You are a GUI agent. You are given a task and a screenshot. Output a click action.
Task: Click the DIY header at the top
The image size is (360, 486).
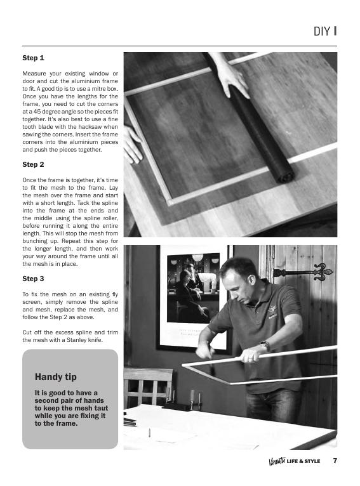pos(324,31)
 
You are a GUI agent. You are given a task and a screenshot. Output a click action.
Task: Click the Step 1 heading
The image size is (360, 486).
pos(33,58)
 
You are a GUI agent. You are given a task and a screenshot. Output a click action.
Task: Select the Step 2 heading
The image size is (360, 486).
pos(33,164)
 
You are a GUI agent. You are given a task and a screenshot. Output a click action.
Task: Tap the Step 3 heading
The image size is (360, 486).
pos(33,279)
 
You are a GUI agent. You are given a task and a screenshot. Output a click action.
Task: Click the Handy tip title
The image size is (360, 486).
pos(56,376)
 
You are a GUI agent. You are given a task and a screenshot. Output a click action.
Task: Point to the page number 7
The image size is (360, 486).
pos(335,461)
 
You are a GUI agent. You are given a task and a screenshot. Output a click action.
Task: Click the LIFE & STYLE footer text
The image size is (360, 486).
pos(303,461)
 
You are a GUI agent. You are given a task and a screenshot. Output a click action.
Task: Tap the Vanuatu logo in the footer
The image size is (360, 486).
pos(276,461)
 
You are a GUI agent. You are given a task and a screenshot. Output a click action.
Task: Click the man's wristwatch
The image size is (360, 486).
pos(265,346)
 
